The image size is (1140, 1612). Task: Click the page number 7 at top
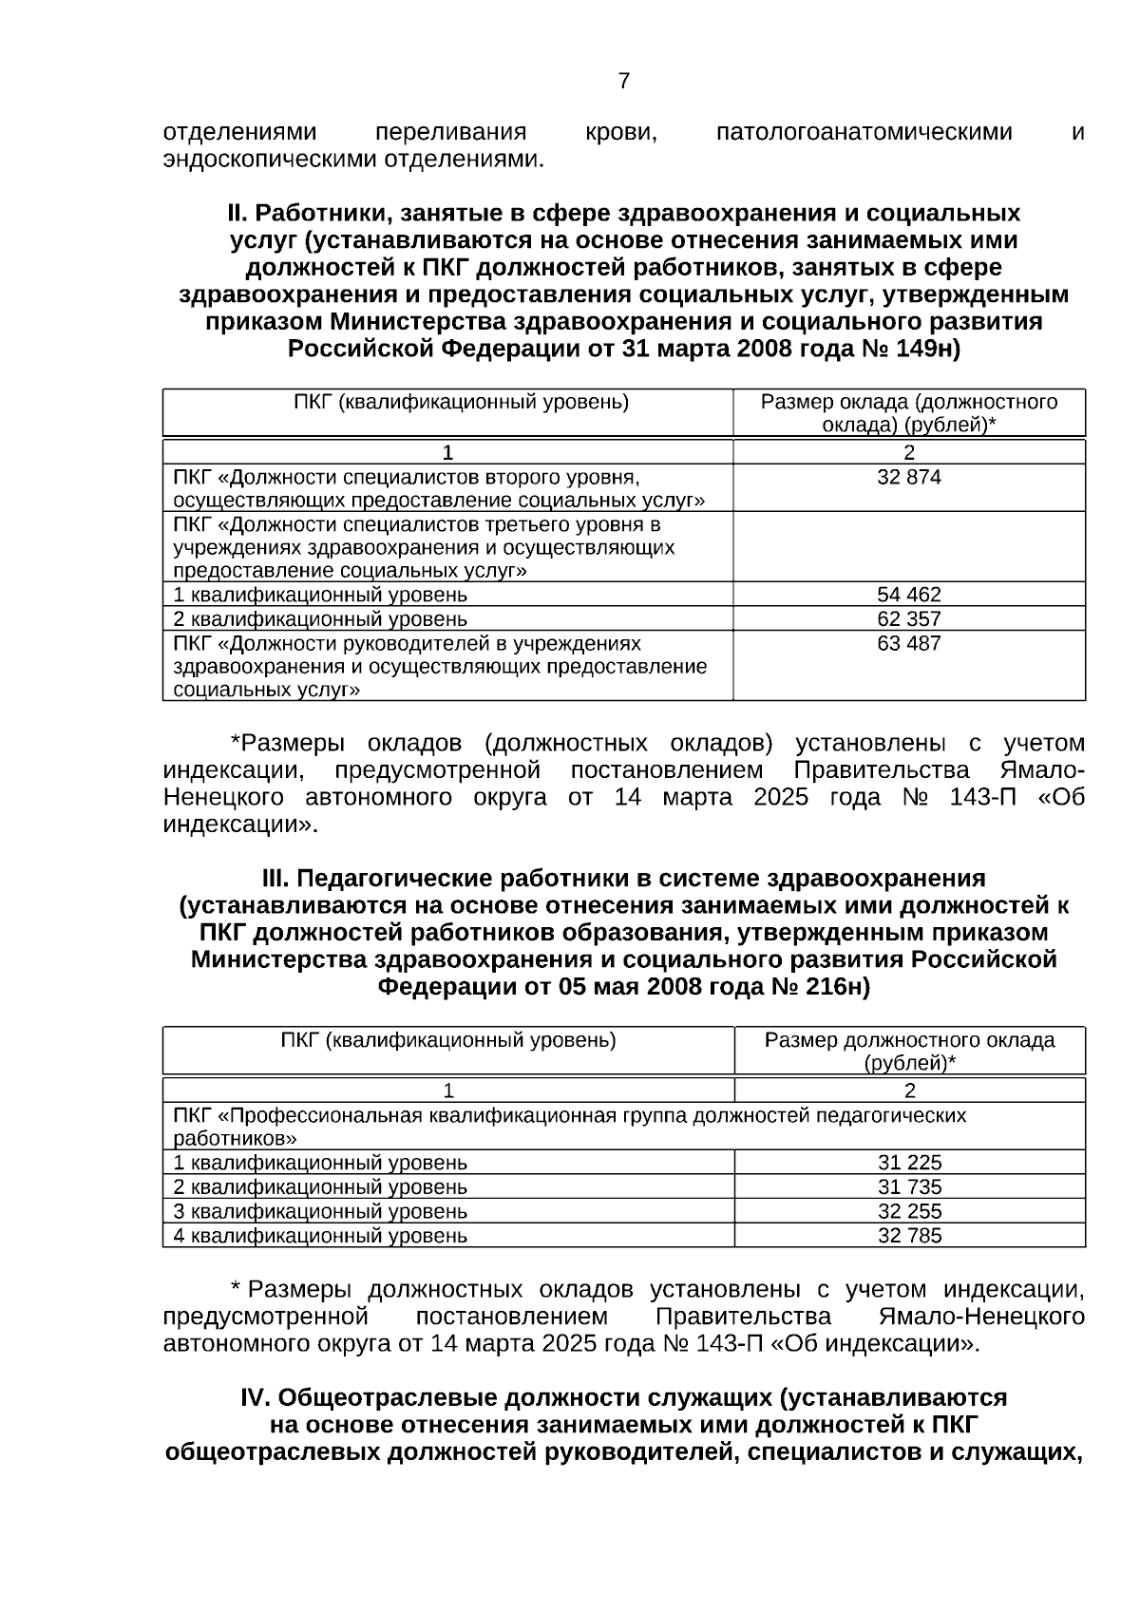pyautogui.click(x=623, y=82)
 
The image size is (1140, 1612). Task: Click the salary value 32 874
pyautogui.click(x=908, y=478)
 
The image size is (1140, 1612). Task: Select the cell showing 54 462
pyautogui.click(x=908, y=596)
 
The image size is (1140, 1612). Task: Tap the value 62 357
pyautogui.click(x=908, y=619)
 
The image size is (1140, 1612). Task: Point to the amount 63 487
pyautogui.click(x=908, y=644)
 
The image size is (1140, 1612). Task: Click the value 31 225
pyautogui.click(x=909, y=1163)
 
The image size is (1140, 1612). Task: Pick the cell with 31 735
pyautogui.click(x=909, y=1187)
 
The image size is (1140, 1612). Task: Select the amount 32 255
pyautogui.click(x=909, y=1212)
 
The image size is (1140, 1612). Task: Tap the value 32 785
pyautogui.click(x=909, y=1236)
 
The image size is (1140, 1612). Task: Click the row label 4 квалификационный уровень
pyautogui.click(x=320, y=1236)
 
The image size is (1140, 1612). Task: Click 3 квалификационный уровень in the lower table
pyautogui.click(x=320, y=1212)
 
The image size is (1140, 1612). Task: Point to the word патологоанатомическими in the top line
pyautogui.click(x=864, y=132)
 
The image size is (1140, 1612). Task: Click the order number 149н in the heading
pyautogui.click(x=927, y=350)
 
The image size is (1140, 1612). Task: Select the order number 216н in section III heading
pyautogui.click(x=836, y=987)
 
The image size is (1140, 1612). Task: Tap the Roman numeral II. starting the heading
pyautogui.click(x=237, y=213)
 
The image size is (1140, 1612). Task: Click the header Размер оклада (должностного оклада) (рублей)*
pyautogui.click(x=908, y=413)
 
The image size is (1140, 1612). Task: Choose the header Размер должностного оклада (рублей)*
pyautogui.click(x=909, y=1052)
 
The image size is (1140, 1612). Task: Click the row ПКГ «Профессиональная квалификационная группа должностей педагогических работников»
pyautogui.click(x=570, y=1127)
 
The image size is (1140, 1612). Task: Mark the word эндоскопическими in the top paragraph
pyautogui.click(x=270, y=159)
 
